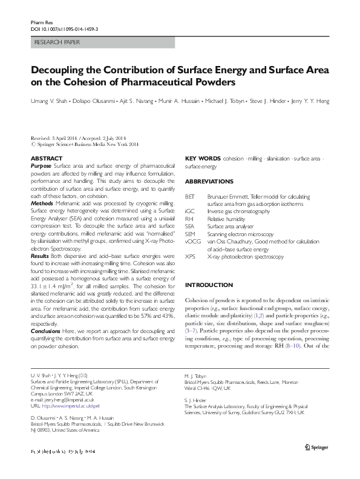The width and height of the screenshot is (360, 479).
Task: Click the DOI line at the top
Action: pos(64,28)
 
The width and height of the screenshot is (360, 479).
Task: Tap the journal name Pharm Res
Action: pos(39,22)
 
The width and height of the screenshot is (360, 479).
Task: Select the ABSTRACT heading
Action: pos(46,157)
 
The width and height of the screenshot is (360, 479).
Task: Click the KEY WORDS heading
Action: pos(202,157)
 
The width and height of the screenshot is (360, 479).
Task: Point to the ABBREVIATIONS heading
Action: pos(209,182)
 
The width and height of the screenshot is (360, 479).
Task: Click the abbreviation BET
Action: pos(189,197)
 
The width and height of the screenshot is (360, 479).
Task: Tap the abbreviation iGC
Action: pos(189,212)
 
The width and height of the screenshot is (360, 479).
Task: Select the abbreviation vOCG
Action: pos(191,242)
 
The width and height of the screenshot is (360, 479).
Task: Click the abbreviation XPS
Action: pos(189,257)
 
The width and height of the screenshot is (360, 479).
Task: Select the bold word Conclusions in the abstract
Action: pos(46,331)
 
